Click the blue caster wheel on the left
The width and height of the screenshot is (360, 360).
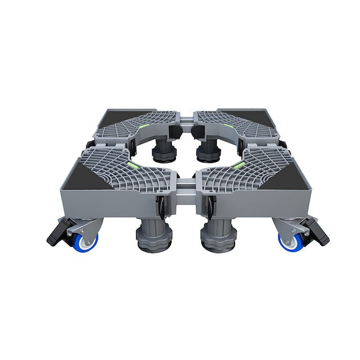click(x=88, y=241)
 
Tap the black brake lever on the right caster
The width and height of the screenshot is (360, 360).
click(x=316, y=232)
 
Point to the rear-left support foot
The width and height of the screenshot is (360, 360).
click(x=163, y=152)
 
